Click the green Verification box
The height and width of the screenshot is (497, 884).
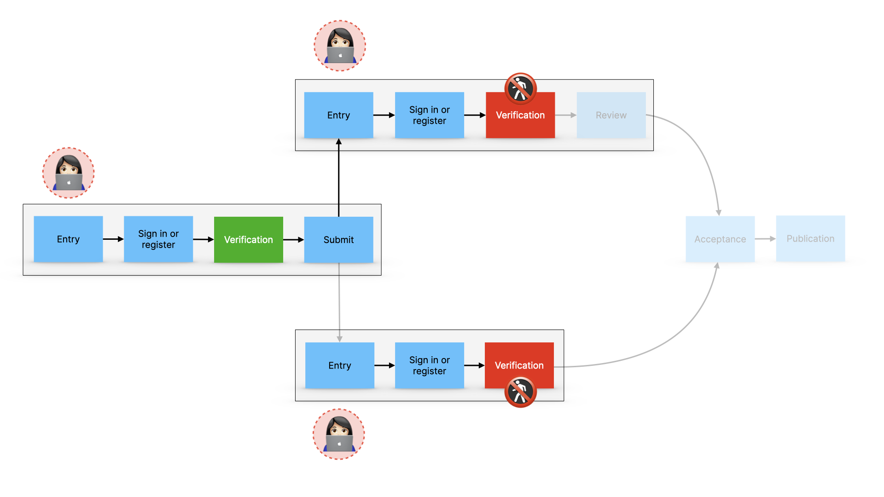click(x=249, y=239)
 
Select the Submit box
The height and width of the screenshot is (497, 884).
click(x=338, y=239)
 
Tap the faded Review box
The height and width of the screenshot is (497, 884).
click(x=611, y=115)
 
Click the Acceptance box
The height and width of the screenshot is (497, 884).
click(x=720, y=239)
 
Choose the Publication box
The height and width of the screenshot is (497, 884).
click(x=810, y=238)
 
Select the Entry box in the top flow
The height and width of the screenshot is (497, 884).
click(x=338, y=115)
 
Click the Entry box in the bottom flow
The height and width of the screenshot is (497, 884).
click(x=339, y=365)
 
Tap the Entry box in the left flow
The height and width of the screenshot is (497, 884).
click(x=68, y=239)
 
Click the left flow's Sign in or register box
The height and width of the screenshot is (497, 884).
click(x=158, y=239)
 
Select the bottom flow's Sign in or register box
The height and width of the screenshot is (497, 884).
click(x=429, y=365)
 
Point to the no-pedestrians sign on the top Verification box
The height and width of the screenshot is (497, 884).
click(x=520, y=88)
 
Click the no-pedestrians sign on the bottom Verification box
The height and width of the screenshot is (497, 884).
click(x=520, y=392)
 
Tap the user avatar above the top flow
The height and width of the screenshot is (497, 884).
click(x=340, y=46)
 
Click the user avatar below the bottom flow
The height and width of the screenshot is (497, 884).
click(x=339, y=434)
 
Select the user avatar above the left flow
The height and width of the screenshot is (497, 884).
click(x=69, y=173)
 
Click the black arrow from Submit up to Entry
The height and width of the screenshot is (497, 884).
click(x=338, y=179)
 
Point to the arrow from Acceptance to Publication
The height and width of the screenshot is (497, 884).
click(x=765, y=239)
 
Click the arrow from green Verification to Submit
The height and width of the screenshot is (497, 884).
click(x=293, y=240)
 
